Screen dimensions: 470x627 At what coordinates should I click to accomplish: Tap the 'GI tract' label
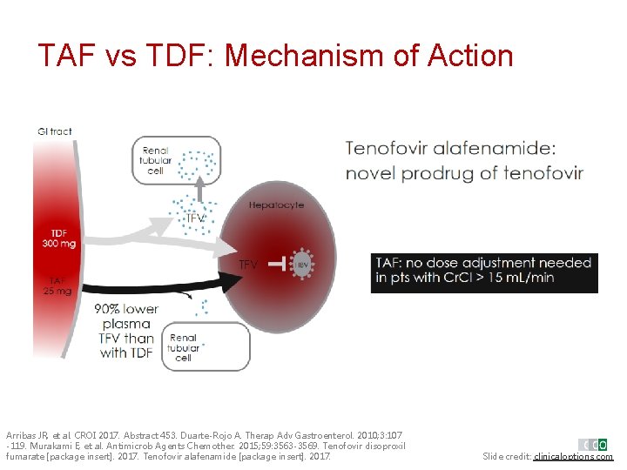tap(55, 131)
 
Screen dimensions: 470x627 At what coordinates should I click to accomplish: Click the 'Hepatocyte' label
tap(276, 205)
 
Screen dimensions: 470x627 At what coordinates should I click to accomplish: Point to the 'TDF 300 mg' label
tap(58, 238)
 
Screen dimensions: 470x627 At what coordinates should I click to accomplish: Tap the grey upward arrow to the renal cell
tap(200, 190)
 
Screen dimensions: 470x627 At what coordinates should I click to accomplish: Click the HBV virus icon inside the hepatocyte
tap(302, 265)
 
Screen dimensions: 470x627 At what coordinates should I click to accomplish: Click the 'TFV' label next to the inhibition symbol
tap(248, 265)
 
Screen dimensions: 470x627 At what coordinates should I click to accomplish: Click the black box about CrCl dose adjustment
tap(484, 271)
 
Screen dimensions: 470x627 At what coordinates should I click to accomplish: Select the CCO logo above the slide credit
tap(595, 444)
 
